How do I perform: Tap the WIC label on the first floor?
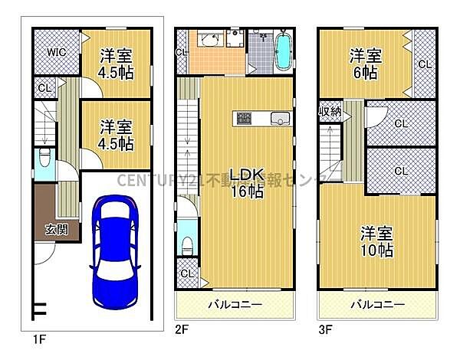click(55, 52)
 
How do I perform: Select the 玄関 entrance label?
click(54, 227)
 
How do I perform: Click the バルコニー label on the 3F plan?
click(377, 305)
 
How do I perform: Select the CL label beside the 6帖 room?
click(423, 64)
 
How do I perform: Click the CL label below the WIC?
click(44, 88)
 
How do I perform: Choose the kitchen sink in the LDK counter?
click(279, 119)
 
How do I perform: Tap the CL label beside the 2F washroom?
click(181, 52)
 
